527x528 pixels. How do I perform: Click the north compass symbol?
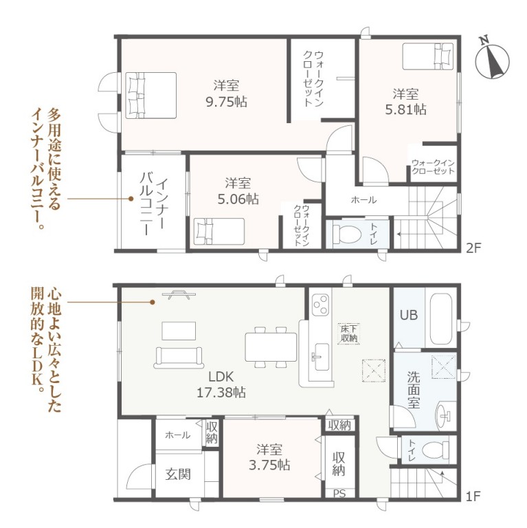pyautogui.click(x=492, y=60)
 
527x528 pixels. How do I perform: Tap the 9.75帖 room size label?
pyautogui.click(x=227, y=101)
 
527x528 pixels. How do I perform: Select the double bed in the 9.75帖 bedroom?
pyautogui.click(x=151, y=96)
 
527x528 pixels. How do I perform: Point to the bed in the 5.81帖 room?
pyautogui.click(x=428, y=56)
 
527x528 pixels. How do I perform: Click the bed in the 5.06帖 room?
pyautogui.click(x=219, y=231)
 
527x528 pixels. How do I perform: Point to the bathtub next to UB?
pyautogui.click(x=440, y=318)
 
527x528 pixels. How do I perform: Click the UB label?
pyautogui.click(x=409, y=315)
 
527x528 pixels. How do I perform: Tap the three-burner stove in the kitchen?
pyautogui.click(x=321, y=305)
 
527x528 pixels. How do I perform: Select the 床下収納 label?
pyautogui.click(x=349, y=333)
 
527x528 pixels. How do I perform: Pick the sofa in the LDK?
pyautogui.click(x=179, y=357)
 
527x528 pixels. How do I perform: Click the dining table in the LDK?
pyautogui.click(x=271, y=346)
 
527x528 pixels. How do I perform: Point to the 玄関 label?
pyautogui.click(x=178, y=474)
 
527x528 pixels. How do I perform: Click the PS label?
pyautogui.click(x=339, y=494)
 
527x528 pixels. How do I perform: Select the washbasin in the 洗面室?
pyautogui.click(x=444, y=417)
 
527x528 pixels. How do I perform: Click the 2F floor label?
pyautogui.click(x=474, y=248)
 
